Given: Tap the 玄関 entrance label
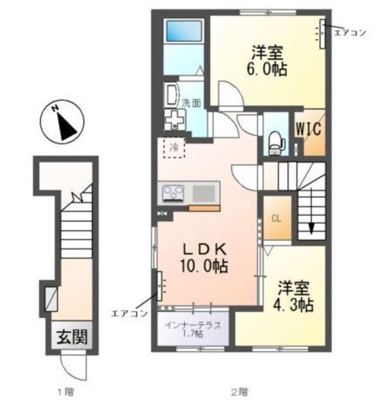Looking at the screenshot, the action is (72, 337).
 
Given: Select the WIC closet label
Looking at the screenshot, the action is (309, 128).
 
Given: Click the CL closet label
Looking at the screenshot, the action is (276, 219).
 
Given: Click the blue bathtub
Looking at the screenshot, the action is (184, 31).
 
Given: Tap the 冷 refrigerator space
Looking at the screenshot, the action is (174, 147).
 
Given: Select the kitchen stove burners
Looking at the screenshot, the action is (173, 194).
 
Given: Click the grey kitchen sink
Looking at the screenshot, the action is (204, 194).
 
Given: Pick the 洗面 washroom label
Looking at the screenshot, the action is (191, 103).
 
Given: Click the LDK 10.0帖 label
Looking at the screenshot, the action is (204, 258).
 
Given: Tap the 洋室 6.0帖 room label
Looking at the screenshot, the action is (267, 61).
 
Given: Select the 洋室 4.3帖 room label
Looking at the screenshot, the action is (293, 296).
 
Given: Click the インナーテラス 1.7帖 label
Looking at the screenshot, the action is (194, 329).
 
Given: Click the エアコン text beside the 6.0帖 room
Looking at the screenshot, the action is (350, 33).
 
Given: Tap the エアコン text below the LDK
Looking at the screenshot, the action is (129, 313).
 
